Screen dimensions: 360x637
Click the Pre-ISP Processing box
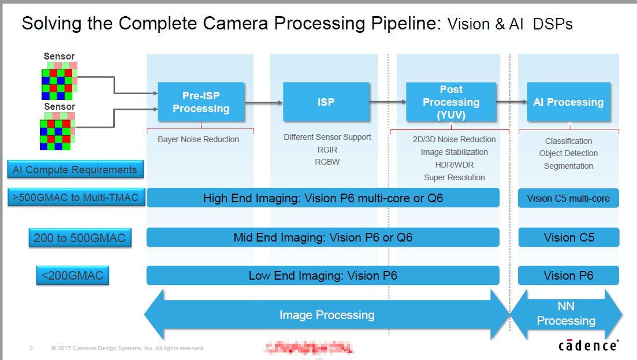pos(201,102)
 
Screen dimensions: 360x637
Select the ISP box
pos(326,102)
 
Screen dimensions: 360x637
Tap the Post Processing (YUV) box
pos(451,102)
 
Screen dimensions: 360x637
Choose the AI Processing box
pos(568,102)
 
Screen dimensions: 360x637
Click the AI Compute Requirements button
pos(75,170)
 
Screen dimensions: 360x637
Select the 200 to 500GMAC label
pos(80,237)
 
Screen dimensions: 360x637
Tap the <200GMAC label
pos(72,276)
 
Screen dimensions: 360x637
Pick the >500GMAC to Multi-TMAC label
pos(75,198)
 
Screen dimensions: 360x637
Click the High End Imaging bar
pos(323,198)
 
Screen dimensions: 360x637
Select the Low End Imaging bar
pos(323,276)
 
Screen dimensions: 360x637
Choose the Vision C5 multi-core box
pos(568,198)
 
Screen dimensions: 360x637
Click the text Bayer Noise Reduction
pos(198,139)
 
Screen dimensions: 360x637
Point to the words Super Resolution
pos(455,177)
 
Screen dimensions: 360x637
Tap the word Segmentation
pos(568,166)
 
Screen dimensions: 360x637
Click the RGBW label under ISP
pos(327,162)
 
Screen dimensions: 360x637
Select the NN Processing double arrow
pos(566,314)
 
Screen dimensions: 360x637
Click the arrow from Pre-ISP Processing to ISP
pos(263,103)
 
